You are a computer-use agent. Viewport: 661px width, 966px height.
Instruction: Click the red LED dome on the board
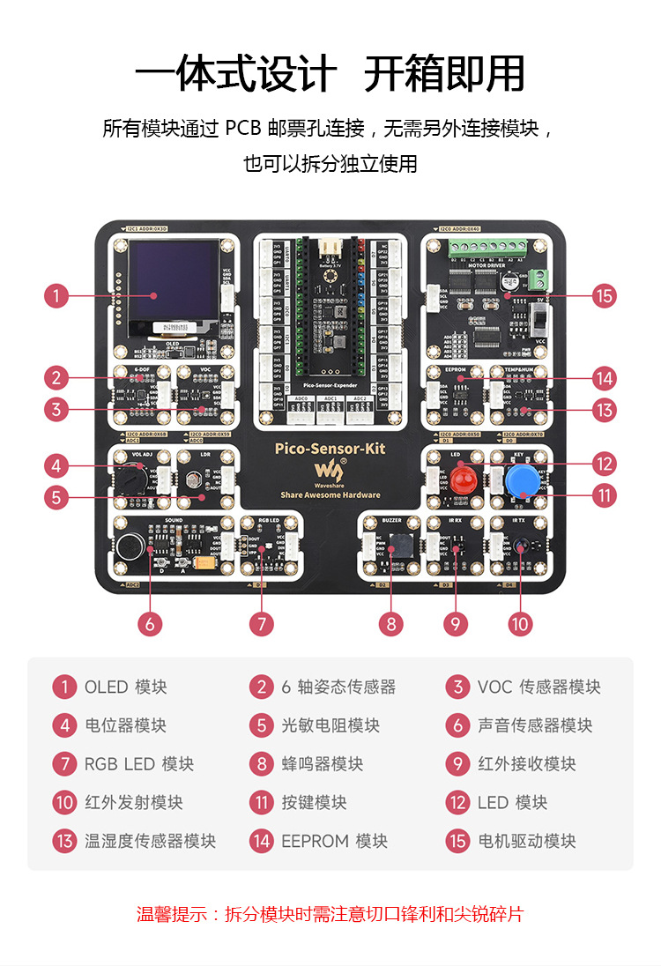coord(462,481)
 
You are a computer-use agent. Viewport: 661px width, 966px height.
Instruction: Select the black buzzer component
coord(398,546)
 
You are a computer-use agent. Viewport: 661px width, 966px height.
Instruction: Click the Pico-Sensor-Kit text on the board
coord(330,449)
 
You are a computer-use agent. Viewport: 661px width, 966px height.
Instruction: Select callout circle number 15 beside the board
coord(605,295)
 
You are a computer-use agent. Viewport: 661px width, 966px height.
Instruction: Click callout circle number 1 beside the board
coord(56,295)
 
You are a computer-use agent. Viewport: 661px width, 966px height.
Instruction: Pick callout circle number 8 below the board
coord(391,624)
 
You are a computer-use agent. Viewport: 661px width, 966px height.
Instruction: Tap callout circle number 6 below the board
coord(150,624)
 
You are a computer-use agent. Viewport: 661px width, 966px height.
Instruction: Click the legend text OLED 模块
coord(125,687)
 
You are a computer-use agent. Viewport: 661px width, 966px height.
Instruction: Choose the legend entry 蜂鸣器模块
coord(322,763)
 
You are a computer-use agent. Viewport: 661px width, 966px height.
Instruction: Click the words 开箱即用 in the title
coord(444,73)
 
